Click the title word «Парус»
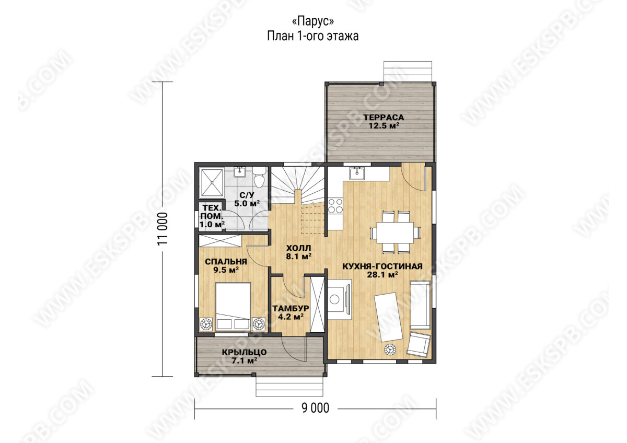coord(312,21)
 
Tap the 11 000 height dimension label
coord(162,229)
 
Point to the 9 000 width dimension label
coord(315,409)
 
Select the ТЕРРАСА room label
coord(384,117)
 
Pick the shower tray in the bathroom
coord(212,182)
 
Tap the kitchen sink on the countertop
coord(356,173)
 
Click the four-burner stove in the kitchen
coord(335,206)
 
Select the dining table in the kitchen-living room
coord(395,232)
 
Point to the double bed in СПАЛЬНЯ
coord(233,307)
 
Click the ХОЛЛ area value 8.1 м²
coord(299,257)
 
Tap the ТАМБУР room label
coord(291,308)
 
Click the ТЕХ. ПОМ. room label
coord(212,212)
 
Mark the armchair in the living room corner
coord(419,344)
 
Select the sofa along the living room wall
coord(420,305)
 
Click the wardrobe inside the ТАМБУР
coord(318,305)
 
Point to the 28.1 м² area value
coord(382,275)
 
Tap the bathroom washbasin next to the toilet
coord(240,172)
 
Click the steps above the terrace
coord(408,72)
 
